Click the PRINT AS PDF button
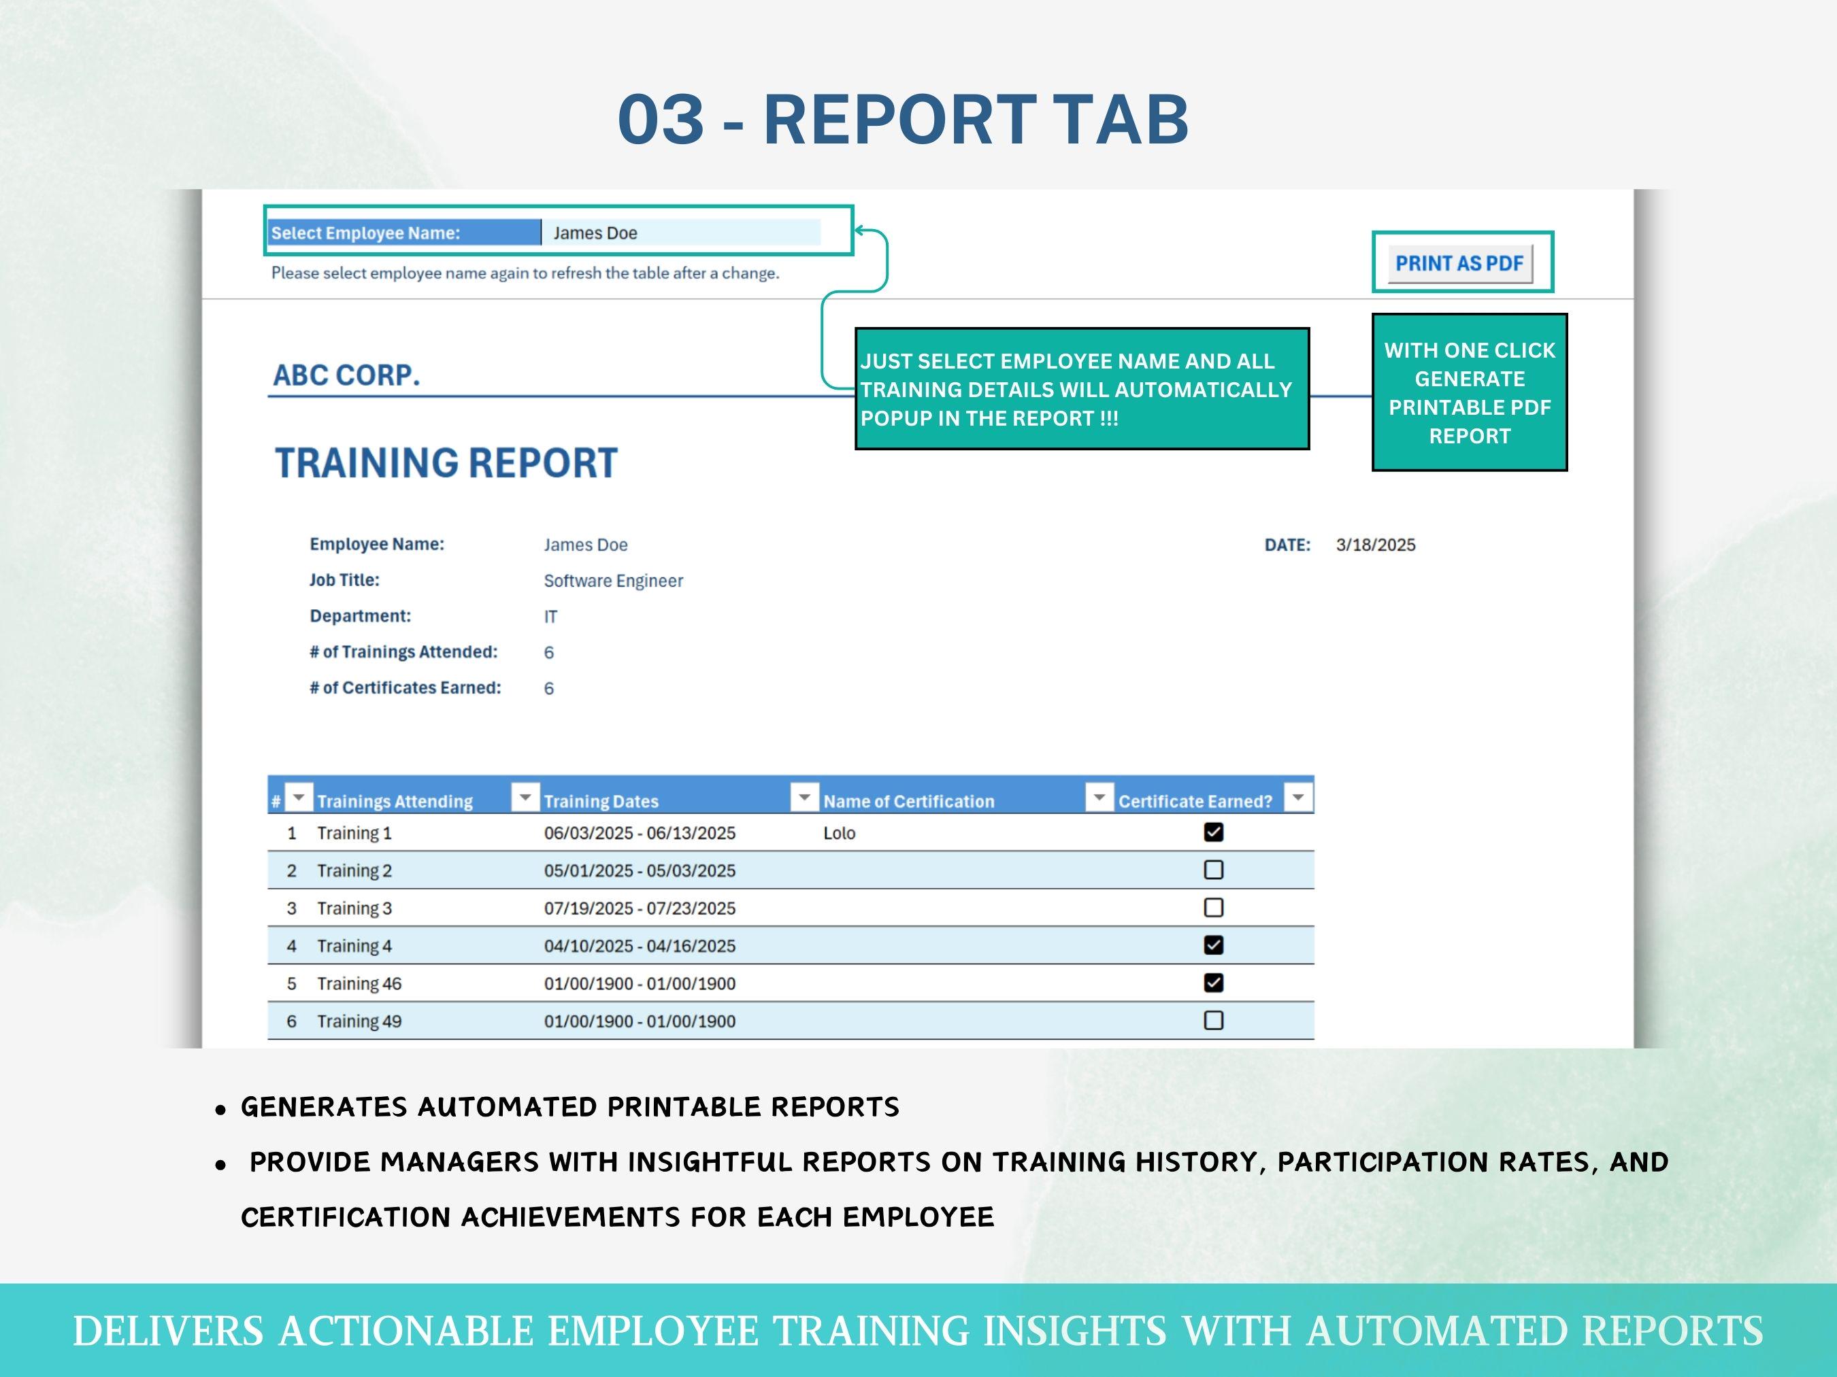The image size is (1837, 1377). tap(1459, 263)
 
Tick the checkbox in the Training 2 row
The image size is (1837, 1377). tap(1213, 870)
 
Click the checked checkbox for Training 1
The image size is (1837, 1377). tap(1213, 832)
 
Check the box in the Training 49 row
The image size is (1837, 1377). tap(1213, 1020)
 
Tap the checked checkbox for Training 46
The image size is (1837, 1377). tap(1213, 983)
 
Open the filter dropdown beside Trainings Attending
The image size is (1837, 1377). tap(525, 798)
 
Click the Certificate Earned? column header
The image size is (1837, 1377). tap(1194, 801)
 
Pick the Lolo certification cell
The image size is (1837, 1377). tap(839, 833)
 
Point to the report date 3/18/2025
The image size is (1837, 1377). tap(1375, 545)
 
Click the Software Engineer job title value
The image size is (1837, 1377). tap(613, 581)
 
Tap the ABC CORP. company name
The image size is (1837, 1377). tap(346, 375)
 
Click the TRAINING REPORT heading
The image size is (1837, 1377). tap(446, 463)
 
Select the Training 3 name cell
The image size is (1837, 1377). tap(354, 908)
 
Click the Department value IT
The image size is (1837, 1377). tap(550, 617)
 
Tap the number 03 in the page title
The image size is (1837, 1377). tap(660, 120)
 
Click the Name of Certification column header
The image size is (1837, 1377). tap(908, 801)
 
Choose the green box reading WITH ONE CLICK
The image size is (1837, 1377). tap(1469, 392)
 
